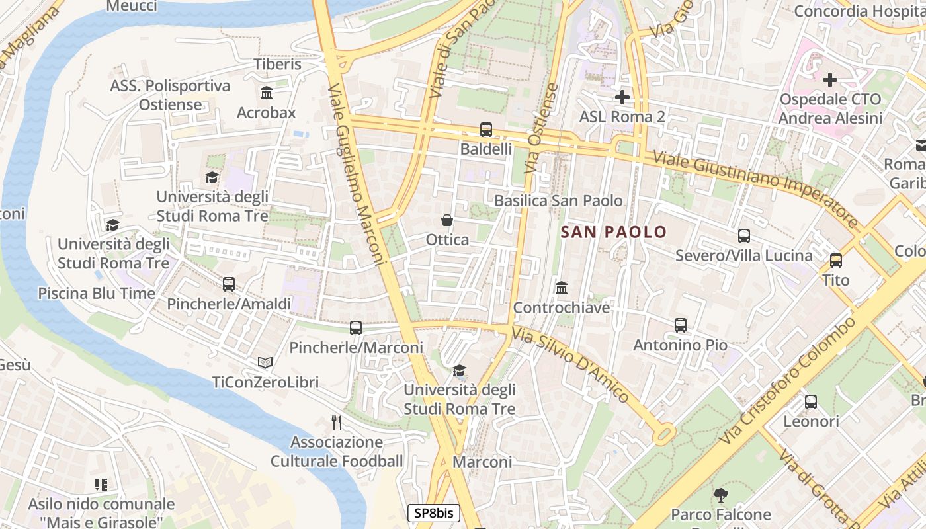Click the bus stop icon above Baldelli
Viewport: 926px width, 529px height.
coord(486,130)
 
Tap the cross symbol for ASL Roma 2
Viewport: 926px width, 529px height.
coord(622,97)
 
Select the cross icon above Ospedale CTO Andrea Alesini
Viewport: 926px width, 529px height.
coord(829,80)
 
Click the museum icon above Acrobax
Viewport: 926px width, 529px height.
coord(267,93)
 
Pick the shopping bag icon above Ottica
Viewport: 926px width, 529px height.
coord(447,220)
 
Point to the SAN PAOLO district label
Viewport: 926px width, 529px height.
coord(614,232)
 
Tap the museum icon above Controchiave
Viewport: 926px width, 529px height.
coord(562,288)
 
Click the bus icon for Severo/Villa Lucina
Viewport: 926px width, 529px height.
coord(744,235)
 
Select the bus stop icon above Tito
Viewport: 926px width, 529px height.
coord(835,260)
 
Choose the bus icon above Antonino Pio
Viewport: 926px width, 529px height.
coord(681,325)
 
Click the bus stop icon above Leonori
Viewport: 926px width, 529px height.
coord(810,401)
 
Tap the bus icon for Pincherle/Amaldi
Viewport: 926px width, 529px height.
coord(229,284)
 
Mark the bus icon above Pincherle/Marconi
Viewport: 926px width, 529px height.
coord(356,327)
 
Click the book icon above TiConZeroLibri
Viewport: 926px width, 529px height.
coord(265,362)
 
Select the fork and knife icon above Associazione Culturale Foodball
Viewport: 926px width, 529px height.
coord(337,422)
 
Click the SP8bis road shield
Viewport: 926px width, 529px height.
coord(433,513)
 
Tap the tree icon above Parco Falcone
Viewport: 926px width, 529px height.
coord(721,495)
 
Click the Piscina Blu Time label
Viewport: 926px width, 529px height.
coord(97,293)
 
